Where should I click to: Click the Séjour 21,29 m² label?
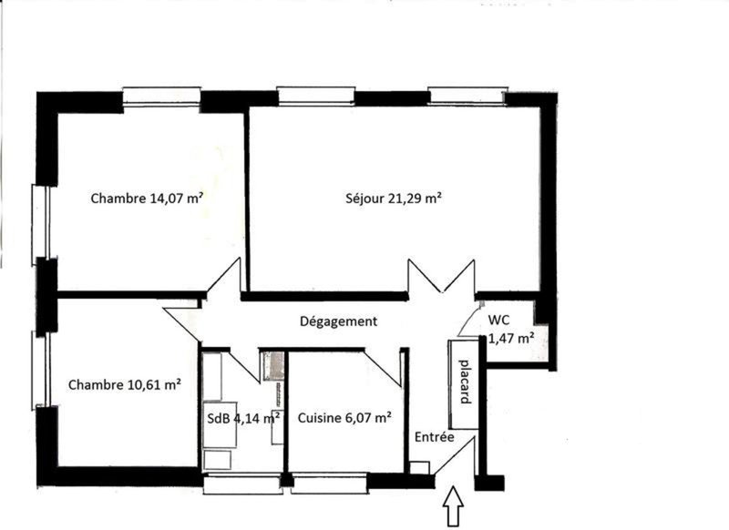click(x=394, y=199)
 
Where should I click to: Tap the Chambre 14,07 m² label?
click(x=147, y=199)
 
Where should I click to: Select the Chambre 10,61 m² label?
click(x=125, y=384)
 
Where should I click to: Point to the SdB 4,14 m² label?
click(x=243, y=418)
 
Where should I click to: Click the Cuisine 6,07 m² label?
click(x=344, y=418)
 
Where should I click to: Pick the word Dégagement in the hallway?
click(x=338, y=321)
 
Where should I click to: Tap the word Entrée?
click(x=435, y=437)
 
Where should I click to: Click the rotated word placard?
click(x=464, y=382)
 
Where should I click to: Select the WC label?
click(x=498, y=320)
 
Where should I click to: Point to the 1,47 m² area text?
click(x=510, y=338)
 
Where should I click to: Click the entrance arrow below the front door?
click(x=453, y=505)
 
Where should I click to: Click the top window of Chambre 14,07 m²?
click(x=162, y=97)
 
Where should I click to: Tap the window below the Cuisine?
click(x=330, y=483)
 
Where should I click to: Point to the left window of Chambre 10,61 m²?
click(x=40, y=371)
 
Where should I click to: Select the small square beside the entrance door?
click(x=420, y=468)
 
